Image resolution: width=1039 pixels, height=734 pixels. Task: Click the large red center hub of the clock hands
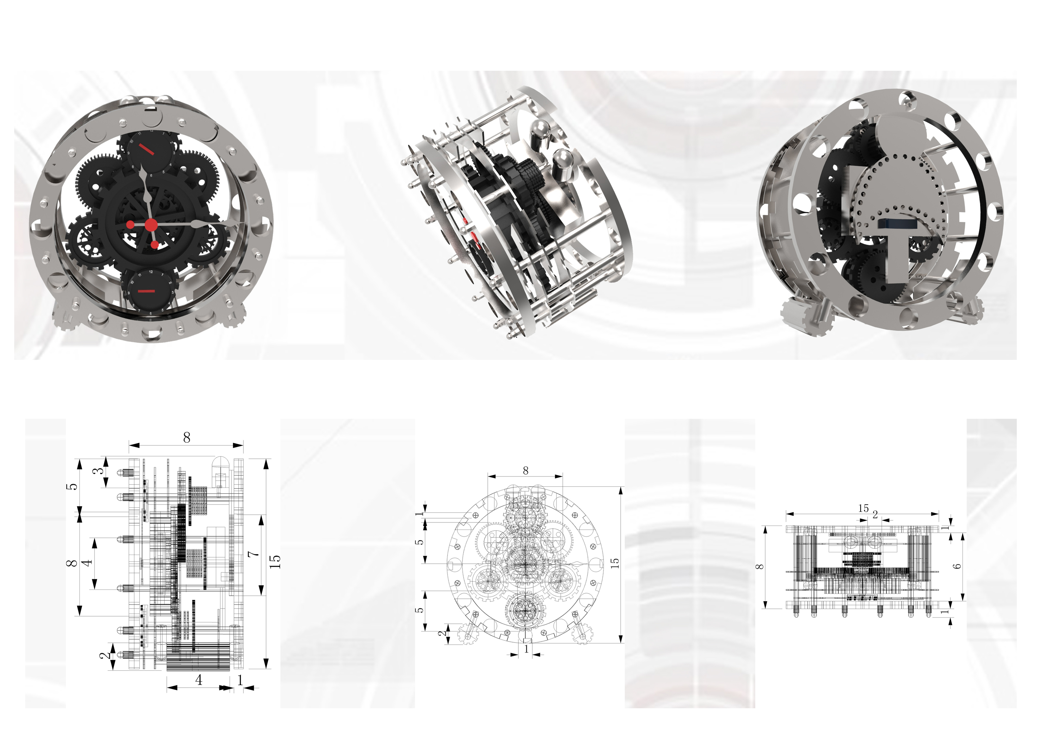tap(151, 225)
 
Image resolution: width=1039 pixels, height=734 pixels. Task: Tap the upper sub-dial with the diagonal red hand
tap(147, 150)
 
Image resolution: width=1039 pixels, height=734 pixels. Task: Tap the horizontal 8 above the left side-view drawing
tap(186, 438)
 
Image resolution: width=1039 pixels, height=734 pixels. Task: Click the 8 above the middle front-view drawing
tap(525, 471)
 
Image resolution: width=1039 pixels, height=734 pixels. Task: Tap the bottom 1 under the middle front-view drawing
tap(526, 649)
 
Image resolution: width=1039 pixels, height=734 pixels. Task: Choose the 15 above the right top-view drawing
tap(863, 508)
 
